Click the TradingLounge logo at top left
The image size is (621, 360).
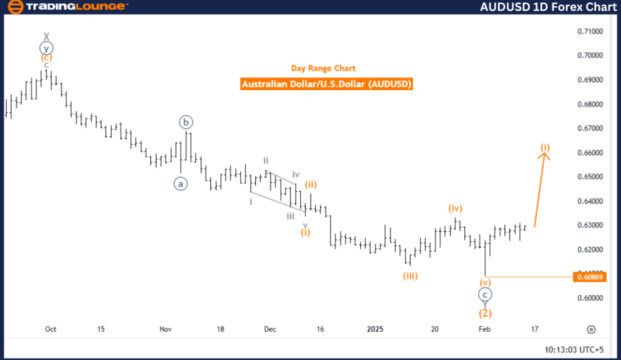point(66,7)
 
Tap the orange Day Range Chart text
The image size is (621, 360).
point(323,68)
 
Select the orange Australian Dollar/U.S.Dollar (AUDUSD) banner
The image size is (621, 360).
point(327,84)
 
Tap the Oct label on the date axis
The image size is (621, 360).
point(50,329)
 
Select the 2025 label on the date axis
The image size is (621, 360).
point(376,329)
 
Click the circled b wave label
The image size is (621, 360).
point(187,122)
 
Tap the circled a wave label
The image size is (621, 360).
point(180,183)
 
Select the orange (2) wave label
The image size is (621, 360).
point(485,312)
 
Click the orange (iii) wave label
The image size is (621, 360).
point(411,276)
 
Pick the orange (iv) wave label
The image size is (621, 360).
point(454,208)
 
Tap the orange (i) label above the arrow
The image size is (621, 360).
point(545,147)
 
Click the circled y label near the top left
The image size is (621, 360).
point(46,48)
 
